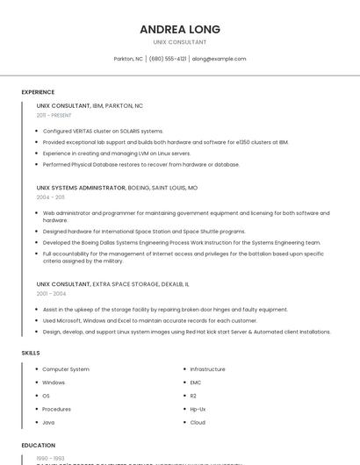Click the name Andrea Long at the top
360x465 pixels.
pyautogui.click(x=180, y=29)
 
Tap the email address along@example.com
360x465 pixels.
pyautogui.click(x=219, y=59)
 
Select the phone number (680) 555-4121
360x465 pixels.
pyautogui.click(x=168, y=59)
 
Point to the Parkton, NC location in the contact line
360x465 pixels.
pyautogui.click(x=128, y=59)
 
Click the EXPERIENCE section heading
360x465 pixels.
pyautogui.click(x=38, y=92)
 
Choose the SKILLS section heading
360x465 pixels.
pyautogui.click(x=31, y=353)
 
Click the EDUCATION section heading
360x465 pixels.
pyautogui.click(x=39, y=446)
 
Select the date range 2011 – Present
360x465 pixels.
pyautogui.click(x=54, y=115)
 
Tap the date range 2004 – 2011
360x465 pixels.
pyautogui.click(x=51, y=197)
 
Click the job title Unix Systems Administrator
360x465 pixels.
pyautogui.click(x=81, y=188)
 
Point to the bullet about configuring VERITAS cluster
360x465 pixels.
pyautogui.click(x=103, y=131)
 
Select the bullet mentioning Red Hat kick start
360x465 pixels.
pyautogui.click(x=186, y=332)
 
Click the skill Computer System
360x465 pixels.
pyautogui.click(x=66, y=369)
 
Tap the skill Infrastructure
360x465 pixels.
pyautogui.click(x=208, y=369)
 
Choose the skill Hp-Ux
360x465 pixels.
pyautogui.click(x=198, y=409)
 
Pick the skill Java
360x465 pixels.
pyautogui.click(x=48, y=422)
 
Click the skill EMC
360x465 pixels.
pyautogui.click(x=197, y=383)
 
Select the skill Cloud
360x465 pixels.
pyautogui.click(x=198, y=422)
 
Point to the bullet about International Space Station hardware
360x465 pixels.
pyautogui.click(x=144, y=232)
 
